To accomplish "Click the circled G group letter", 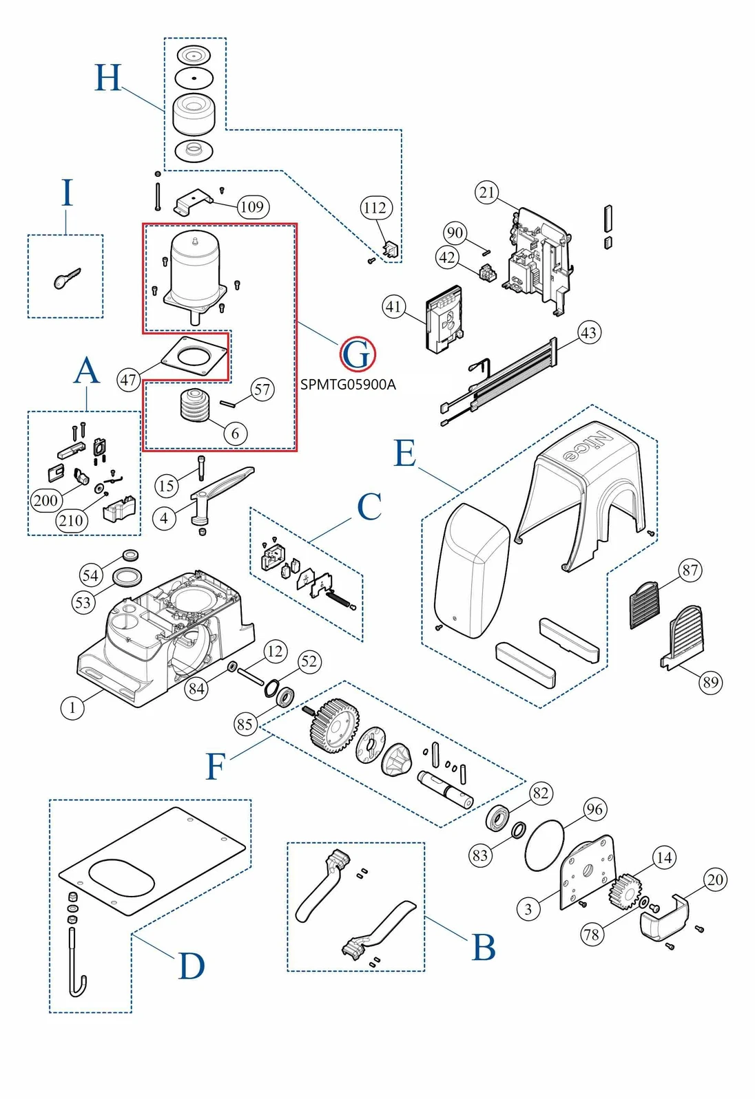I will (x=358, y=354).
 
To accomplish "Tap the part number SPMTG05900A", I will (x=348, y=385).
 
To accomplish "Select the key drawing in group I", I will (x=66, y=278).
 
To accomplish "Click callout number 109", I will (x=252, y=206).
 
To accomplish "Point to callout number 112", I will (x=375, y=208).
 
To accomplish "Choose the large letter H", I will (x=108, y=78).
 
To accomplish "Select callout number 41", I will (x=394, y=306).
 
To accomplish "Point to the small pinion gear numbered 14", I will (x=625, y=891).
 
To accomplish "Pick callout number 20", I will (x=716, y=879).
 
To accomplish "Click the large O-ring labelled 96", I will (x=544, y=844).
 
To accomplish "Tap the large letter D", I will (x=192, y=966).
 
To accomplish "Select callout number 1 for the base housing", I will (x=72, y=707).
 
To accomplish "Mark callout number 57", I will (x=262, y=390).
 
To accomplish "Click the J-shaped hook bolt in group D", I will (x=76, y=963).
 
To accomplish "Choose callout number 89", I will (x=710, y=682).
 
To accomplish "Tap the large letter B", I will (x=484, y=948).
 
